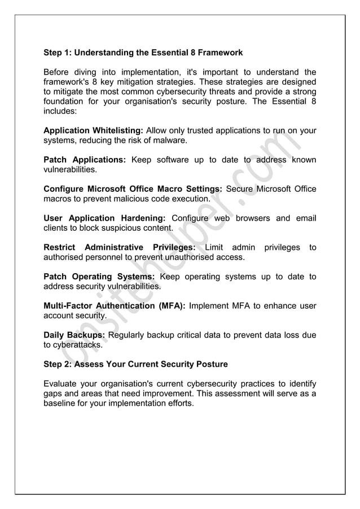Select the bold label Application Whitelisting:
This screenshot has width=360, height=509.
pyautogui.click(x=93, y=130)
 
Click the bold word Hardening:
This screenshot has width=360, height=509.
pyautogui.click(x=141, y=218)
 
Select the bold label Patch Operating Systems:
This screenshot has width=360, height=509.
pyautogui.click(x=99, y=277)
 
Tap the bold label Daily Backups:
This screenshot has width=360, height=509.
pyautogui.click(x=74, y=336)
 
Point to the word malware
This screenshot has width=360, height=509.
pyautogui.click(x=169, y=141)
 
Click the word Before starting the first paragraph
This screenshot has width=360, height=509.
pyautogui.click(x=58, y=72)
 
